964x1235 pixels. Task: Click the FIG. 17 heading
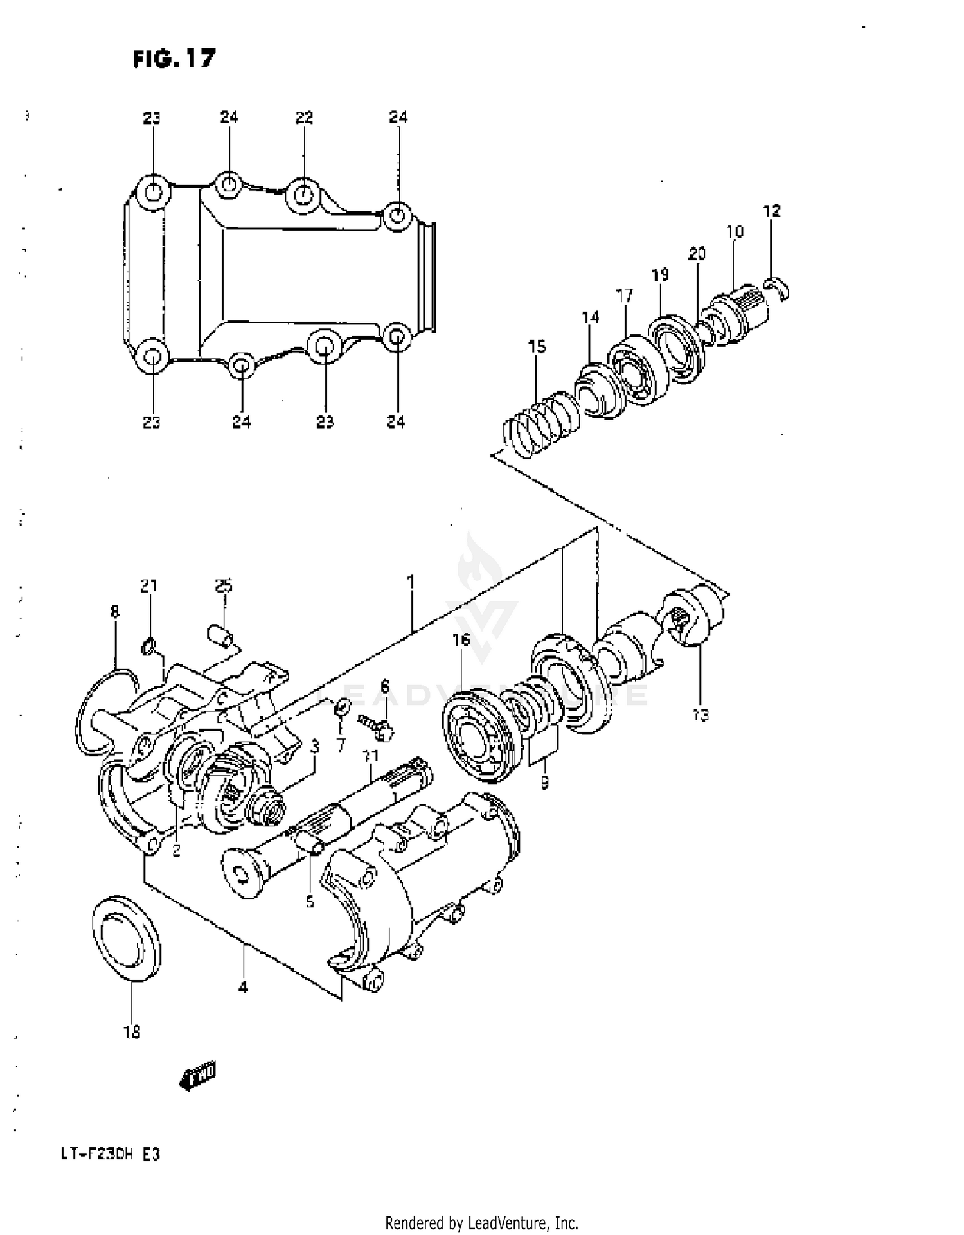(174, 59)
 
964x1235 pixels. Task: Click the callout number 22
(304, 118)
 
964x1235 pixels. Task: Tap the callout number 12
(772, 211)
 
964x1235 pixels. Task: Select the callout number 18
(132, 1031)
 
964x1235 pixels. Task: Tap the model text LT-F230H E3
(110, 1154)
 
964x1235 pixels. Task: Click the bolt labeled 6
(378, 725)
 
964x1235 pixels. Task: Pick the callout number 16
(461, 640)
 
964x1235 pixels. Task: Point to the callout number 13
(701, 714)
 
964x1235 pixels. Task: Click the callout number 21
(148, 585)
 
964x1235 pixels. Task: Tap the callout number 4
(243, 987)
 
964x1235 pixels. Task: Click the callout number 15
(537, 347)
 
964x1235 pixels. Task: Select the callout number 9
(544, 783)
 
